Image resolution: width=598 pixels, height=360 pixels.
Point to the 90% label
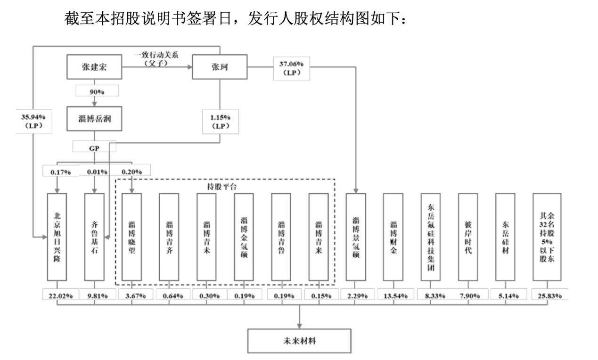click(94, 91)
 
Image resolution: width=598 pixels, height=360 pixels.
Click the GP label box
click(94, 147)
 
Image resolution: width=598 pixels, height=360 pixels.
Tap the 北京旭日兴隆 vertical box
click(57, 237)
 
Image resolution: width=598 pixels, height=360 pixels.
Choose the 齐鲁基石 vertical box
click(94, 237)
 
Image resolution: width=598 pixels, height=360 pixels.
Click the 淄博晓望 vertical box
click(132, 237)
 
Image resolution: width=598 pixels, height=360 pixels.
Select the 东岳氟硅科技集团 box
click(431, 237)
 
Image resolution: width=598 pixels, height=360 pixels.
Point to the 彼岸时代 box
click(468, 237)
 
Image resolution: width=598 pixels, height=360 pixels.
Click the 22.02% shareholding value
click(57, 295)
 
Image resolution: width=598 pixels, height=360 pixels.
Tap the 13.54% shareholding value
click(393, 295)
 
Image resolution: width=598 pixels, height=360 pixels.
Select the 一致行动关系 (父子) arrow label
click(157, 59)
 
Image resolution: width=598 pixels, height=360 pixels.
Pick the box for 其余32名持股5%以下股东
click(547, 237)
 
